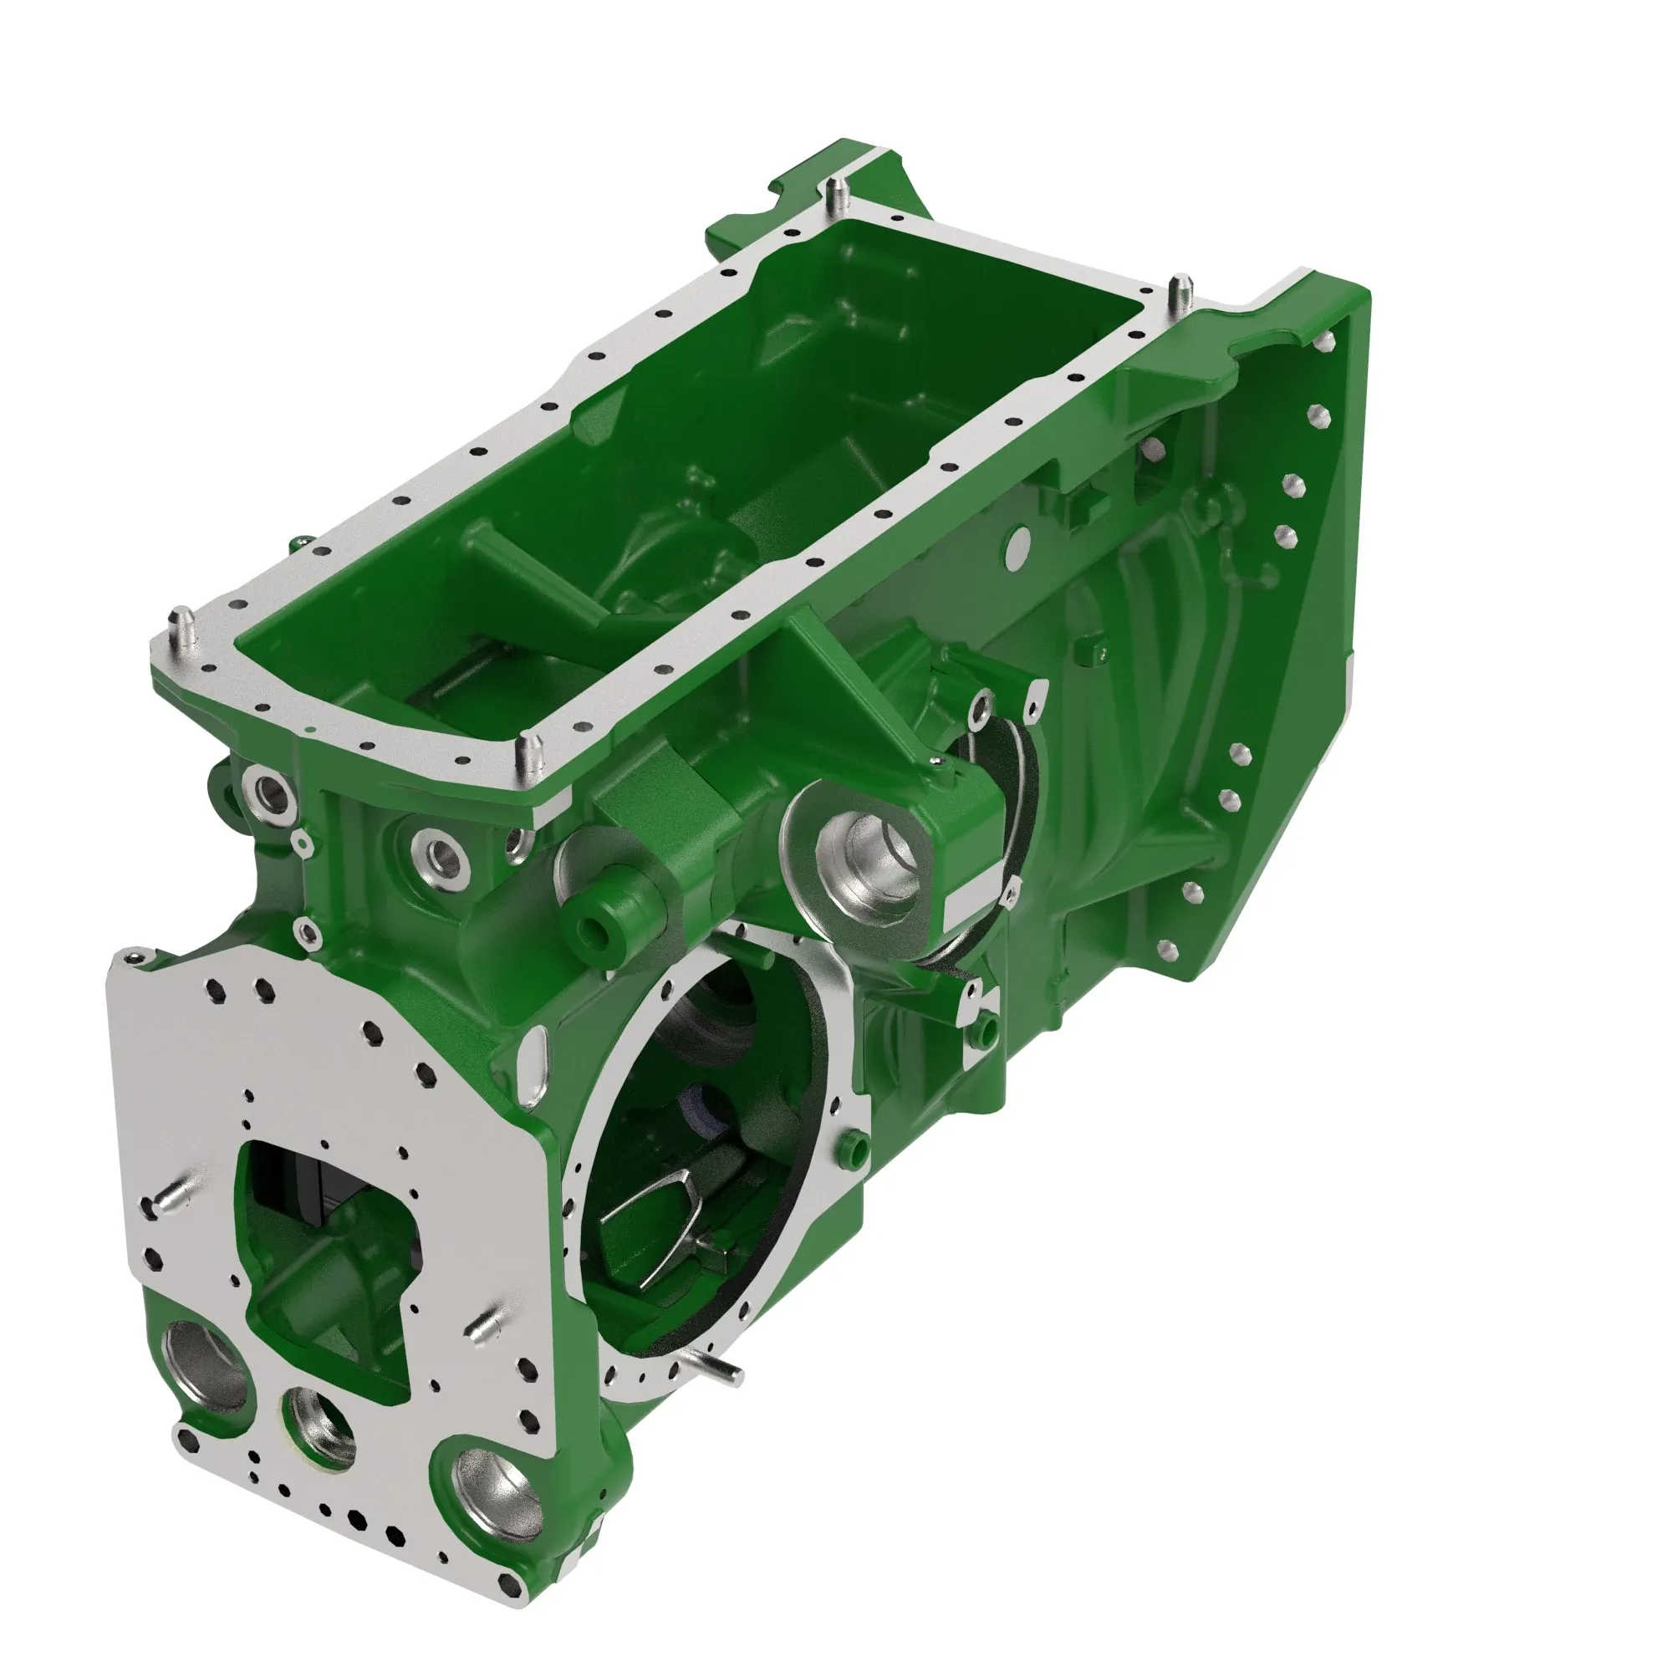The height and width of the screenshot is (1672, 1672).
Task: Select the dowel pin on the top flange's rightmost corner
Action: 1180,293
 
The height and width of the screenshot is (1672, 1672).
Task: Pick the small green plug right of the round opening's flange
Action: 855,1146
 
